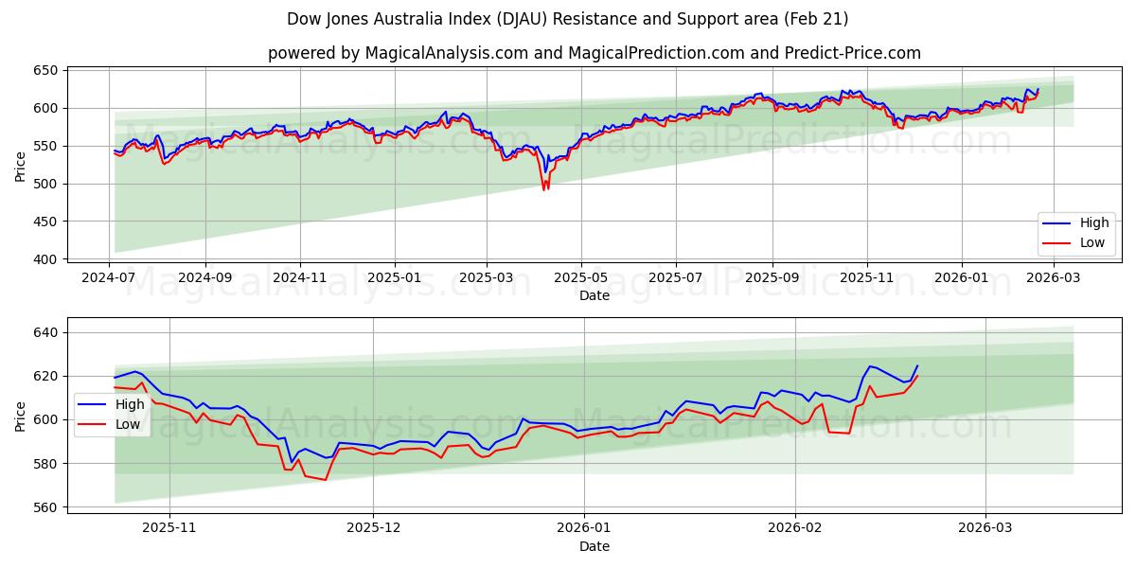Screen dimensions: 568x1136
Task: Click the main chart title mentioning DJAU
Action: coord(568,19)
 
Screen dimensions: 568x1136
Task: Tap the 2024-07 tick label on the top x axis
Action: coord(110,278)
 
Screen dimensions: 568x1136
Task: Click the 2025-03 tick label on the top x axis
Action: coord(487,278)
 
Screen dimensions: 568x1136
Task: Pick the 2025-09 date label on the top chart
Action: coord(772,278)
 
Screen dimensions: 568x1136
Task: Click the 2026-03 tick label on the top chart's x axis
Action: coord(1055,278)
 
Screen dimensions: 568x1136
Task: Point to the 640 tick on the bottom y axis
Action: coord(47,332)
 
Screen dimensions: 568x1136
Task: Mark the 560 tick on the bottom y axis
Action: coord(47,507)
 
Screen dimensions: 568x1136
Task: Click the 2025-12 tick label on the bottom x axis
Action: coord(374,526)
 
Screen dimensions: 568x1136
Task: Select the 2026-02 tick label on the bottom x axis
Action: coord(795,526)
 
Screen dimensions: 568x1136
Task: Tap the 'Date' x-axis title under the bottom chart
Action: coord(594,546)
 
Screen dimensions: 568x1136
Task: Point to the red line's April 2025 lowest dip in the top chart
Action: coord(544,189)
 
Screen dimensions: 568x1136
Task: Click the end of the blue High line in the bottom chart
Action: coord(916,365)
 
